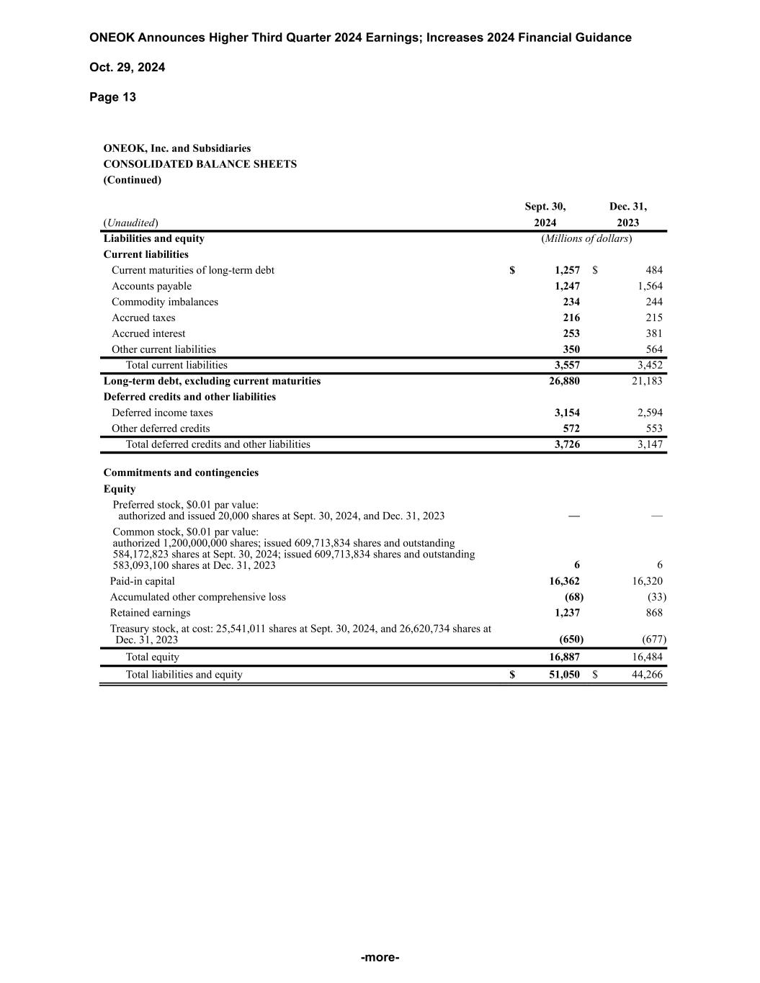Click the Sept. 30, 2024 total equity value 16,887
pyautogui.click(x=564, y=657)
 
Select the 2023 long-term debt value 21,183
pyautogui.click(x=647, y=381)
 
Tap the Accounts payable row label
pyautogui.click(x=151, y=286)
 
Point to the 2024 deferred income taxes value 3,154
pyautogui.click(x=567, y=413)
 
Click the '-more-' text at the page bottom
pyautogui.click(x=380, y=957)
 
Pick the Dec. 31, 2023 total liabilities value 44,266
pyautogui.click(x=647, y=675)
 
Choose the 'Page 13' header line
pyautogui.click(x=112, y=97)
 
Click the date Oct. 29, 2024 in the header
pyautogui.click(x=128, y=68)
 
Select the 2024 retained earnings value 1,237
pyautogui.click(x=567, y=613)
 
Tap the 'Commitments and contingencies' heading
pyautogui.click(x=181, y=473)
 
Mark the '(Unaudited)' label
pyautogui.click(x=131, y=223)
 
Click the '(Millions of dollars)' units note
pyautogui.click(x=586, y=238)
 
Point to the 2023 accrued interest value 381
pyautogui.click(x=653, y=333)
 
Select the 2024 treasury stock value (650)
pyautogui.click(x=571, y=639)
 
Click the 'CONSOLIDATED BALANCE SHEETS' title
pyautogui.click(x=200, y=164)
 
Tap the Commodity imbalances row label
pyautogui.click(x=164, y=302)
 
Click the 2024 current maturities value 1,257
pyautogui.click(x=567, y=270)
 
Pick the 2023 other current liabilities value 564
pyautogui.click(x=653, y=349)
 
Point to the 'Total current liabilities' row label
pyautogui.click(x=176, y=365)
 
